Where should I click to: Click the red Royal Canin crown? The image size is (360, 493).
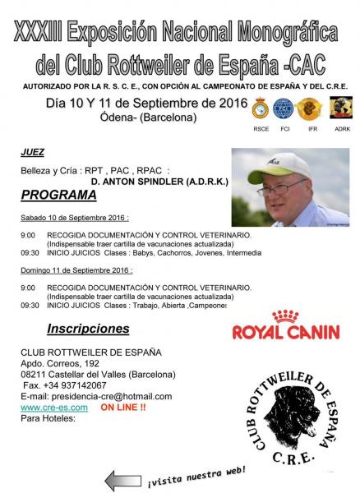284,316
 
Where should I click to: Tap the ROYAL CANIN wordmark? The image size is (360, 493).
284,333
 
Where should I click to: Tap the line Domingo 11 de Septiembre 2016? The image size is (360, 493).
77,270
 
